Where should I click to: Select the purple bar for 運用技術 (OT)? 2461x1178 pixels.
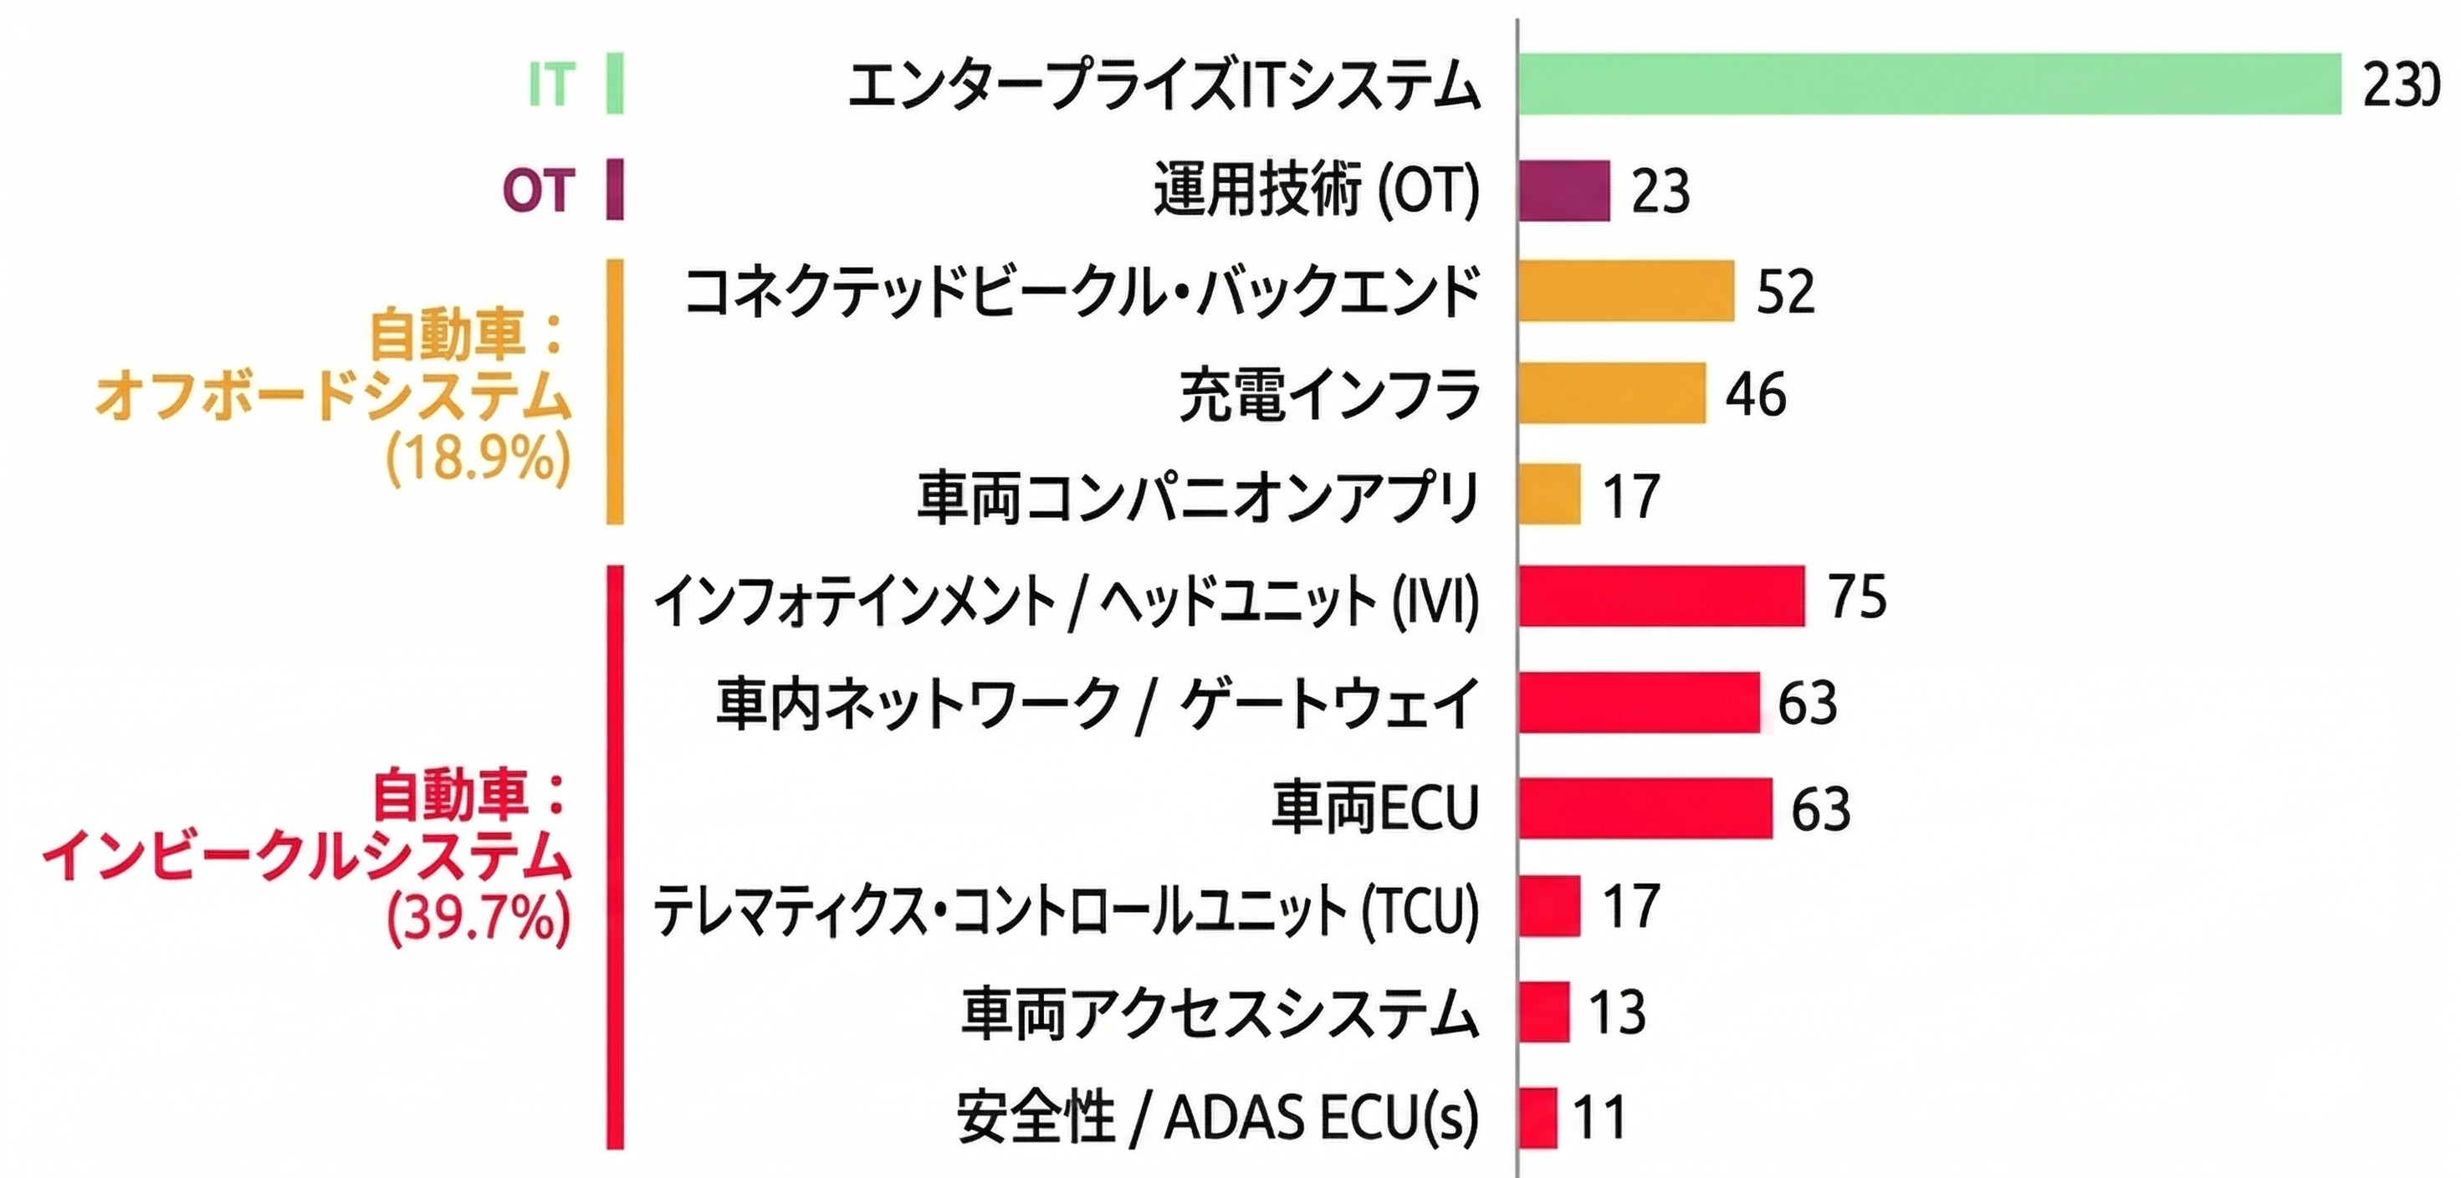1564,190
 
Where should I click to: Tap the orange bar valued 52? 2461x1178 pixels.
1626,290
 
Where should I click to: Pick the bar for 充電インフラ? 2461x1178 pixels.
1612,392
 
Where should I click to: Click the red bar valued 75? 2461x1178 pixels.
1661,597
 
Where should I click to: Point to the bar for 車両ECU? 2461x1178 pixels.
1645,808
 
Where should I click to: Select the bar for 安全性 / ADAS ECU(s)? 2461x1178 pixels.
1538,1118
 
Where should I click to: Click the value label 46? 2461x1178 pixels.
1756,393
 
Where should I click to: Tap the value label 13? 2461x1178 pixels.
1618,1012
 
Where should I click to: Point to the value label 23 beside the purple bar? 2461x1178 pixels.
1660,190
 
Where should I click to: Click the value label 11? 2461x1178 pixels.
1600,1118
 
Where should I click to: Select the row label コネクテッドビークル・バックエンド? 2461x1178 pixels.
1082,291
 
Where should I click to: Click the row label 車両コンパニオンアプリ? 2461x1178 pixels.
1198,496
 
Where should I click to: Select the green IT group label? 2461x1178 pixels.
551,84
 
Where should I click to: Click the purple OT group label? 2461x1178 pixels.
539,190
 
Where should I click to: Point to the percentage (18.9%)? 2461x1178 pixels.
478,458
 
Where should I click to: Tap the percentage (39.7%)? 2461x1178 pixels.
478,918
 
